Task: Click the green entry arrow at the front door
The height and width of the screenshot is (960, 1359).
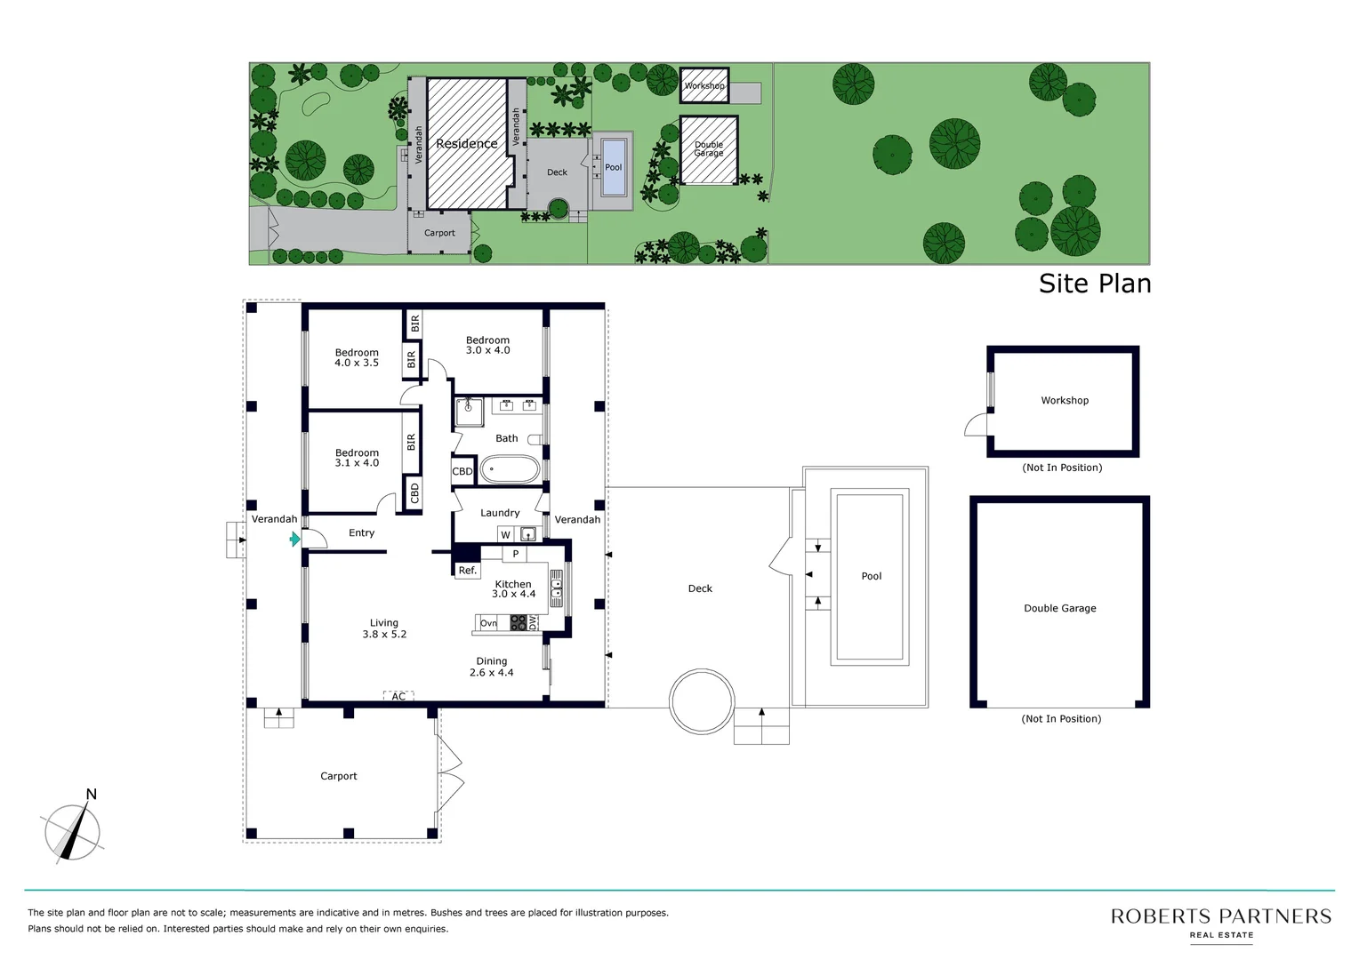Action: coord(295,539)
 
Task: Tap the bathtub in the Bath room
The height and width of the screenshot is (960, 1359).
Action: coord(510,469)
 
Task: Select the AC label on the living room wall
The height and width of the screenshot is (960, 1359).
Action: coord(398,697)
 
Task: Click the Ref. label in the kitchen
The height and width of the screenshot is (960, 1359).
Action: coord(467,571)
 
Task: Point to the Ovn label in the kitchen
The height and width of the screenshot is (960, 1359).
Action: coord(488,623)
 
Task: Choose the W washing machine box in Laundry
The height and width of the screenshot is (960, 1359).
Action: coord(505,534)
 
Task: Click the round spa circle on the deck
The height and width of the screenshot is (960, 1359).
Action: coord(702,700)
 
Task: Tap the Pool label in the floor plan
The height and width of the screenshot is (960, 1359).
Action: coord(871,576)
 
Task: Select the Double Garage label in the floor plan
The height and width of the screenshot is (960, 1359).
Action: coord(1059,608)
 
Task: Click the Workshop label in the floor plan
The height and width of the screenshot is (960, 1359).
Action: coord(1065,400)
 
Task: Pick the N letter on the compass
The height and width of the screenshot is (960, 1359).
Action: coord(91,795)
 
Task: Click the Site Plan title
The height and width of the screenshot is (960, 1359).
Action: coord(1094,284)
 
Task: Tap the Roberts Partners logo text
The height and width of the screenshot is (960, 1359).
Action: coord(1220,916)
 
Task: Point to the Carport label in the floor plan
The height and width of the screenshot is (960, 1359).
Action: coord(338,776)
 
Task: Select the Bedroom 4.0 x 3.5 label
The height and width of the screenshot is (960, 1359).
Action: coord(357,357)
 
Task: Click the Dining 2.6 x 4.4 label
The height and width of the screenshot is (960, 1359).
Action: coord(492,667)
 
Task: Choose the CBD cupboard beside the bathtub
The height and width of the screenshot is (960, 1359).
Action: coord(462,471)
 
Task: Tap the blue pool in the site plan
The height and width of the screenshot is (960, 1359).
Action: coord(614,167)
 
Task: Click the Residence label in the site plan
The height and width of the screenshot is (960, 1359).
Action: coord(466,144)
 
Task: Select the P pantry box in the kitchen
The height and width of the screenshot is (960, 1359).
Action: coord(515,554)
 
